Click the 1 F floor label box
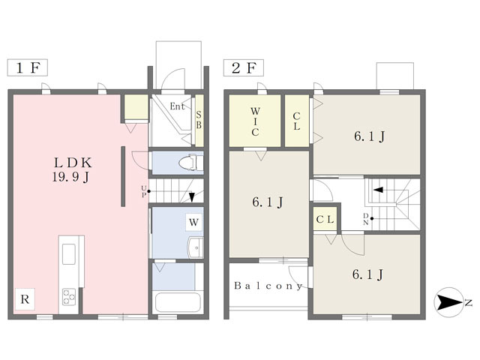coord(28,67)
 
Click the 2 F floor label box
coord(243,67)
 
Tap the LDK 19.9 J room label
coord(73,170)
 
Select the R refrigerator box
coord(25,299)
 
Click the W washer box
coord(193,222)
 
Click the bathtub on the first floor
coord(178,302)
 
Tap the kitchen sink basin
coord(69,254)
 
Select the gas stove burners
coord(69,296)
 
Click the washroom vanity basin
coord(196,247)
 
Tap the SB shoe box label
coord(199,120)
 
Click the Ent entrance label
coord(177,106)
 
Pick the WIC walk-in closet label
coord(255,121)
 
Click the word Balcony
coord(268,286)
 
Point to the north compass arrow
coord(449,302)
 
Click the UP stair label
coord(144,192)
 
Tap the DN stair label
coord(366,219)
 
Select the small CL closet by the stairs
coord(325,219)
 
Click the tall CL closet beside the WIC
coord(297,121)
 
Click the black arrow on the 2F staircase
coord(378,190)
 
